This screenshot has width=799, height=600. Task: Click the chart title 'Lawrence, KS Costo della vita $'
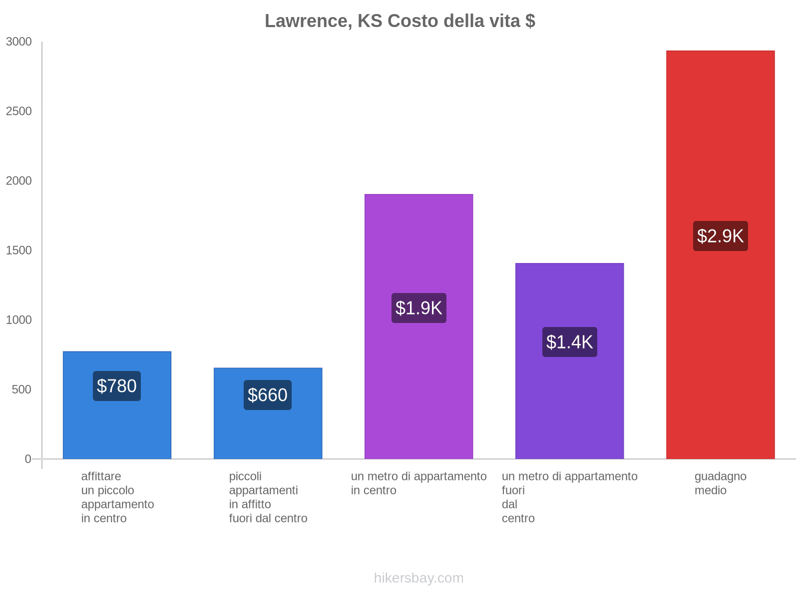399,21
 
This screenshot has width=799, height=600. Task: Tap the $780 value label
117,386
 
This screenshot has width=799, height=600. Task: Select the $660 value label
268,395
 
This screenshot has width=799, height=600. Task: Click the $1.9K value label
418,308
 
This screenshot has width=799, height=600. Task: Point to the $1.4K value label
569,342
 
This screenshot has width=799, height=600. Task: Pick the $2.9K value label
720,236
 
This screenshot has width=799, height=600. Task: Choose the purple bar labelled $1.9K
418,390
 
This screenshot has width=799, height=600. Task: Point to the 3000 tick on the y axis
19,42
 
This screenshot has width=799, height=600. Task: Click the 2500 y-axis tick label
19,111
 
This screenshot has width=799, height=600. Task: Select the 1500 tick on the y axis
19,250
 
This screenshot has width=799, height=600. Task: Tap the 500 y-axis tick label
22,389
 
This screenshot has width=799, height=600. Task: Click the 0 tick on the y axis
28,459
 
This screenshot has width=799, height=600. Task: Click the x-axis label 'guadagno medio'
720,483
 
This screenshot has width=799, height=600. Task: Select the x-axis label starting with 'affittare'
117,497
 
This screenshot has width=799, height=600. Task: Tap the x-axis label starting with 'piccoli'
268,497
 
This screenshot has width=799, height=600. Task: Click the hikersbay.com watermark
418,578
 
